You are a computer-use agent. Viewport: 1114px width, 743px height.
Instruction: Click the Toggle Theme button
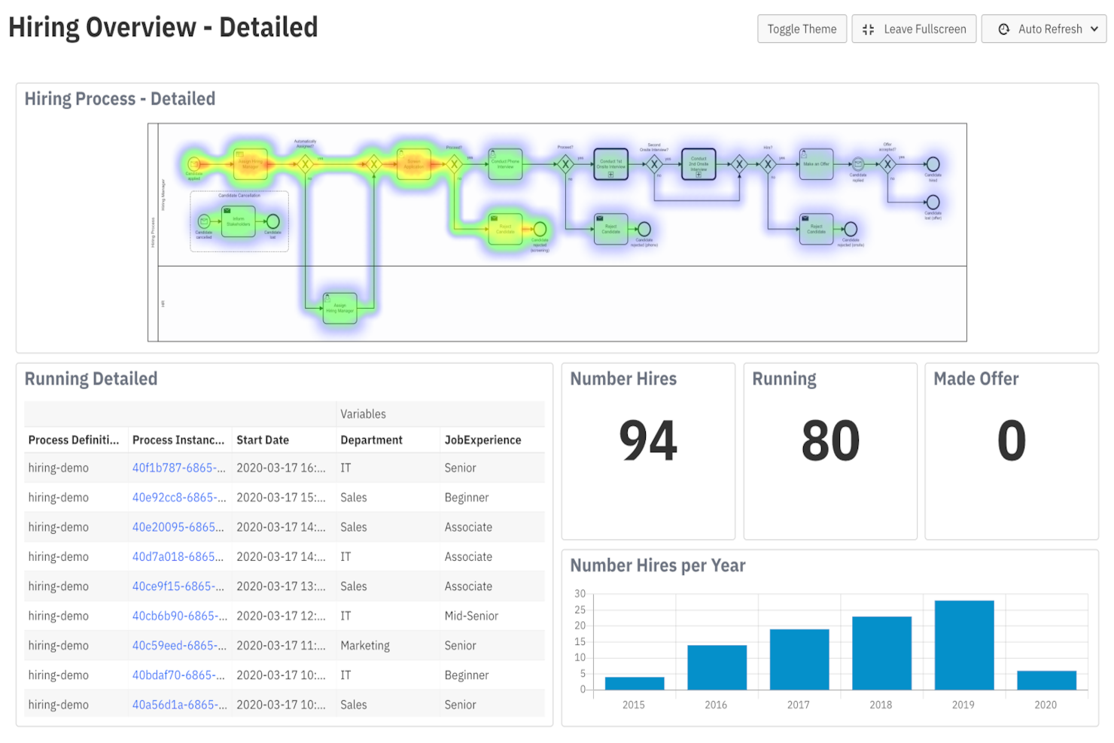[x=802, y=29]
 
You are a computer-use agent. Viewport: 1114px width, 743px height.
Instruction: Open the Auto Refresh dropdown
[x=1043, y=29]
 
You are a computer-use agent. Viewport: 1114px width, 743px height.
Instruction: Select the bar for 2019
[x=963, y=644]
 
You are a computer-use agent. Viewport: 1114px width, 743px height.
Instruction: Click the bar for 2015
[x=635, y=683]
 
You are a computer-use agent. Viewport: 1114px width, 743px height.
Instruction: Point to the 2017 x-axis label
[x=798, y=705]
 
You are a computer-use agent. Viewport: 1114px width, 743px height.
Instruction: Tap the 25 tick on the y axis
[x=580, y=610]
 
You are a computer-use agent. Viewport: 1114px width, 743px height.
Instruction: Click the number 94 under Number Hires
[x=648, y=441]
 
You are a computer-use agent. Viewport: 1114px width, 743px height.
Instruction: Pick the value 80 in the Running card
[x=830, y=441]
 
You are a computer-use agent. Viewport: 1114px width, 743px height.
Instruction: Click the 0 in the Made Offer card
[x=1011, y=441]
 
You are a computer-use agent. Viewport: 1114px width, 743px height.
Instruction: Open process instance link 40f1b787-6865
[x=178, y=468]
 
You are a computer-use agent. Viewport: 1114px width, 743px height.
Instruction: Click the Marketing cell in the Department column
[x=365, y=646]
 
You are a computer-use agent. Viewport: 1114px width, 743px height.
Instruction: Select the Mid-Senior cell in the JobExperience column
[x=471, y=616]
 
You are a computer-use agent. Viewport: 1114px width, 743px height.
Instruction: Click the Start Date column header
[x=263, y=440]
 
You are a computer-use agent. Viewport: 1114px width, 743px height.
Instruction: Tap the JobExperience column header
[x=482, y=440]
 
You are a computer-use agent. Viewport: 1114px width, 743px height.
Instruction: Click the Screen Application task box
[x=414, y=163]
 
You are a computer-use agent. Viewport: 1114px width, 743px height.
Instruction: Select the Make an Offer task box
[x=816, y=163]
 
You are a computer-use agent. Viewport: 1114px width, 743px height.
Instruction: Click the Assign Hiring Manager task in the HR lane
[x=339, y=308]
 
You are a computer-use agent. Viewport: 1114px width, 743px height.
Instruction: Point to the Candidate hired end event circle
[x=933, y=164]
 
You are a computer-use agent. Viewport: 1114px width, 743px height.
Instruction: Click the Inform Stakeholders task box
[x=239, y=221]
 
